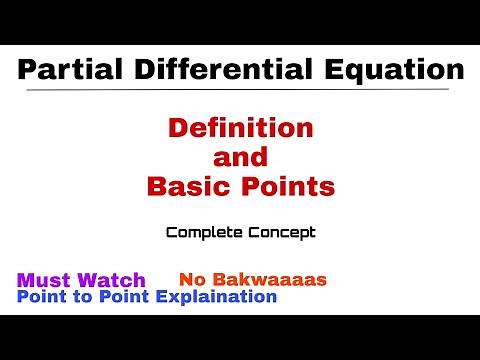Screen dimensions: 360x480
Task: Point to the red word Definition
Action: click(240, 129)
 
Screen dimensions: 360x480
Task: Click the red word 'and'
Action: click(240, 157)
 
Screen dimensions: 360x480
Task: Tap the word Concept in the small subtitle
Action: click(280, 233)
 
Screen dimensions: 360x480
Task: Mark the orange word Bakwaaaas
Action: click(263, 280)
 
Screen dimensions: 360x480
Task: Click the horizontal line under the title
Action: click(240, 92)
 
